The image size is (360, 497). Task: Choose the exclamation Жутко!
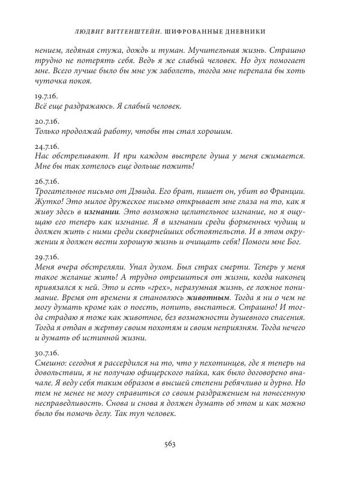coord(49,201)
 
